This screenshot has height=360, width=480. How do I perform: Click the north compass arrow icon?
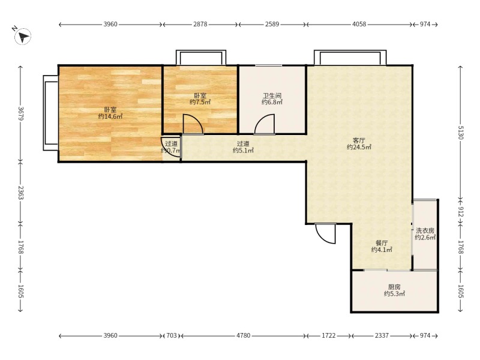point(23,37)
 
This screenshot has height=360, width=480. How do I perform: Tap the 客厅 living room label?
point(359,140)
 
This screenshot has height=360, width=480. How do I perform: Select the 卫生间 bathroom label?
point(272,95)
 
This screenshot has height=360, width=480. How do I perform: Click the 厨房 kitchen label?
point(394,287)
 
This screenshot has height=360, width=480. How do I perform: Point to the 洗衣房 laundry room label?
point(425,231)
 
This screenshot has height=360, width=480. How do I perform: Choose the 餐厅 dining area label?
point(382,243)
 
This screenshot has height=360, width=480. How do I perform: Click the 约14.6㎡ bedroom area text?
point(110,116)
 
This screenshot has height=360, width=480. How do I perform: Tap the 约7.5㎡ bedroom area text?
point(200,102)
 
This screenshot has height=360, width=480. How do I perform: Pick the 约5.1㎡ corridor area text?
point(243,151)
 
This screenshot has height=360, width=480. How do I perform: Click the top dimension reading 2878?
point(200,24)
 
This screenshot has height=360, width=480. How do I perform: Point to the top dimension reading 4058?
point(359,24)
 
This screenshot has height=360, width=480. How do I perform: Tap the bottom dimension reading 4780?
point(244,336)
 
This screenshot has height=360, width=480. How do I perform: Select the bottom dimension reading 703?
point(172,336)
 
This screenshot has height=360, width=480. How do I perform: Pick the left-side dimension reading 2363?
point(20,193)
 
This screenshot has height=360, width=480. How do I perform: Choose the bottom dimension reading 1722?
point(328,336)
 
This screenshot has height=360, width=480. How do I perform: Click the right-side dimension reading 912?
point(461,212)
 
